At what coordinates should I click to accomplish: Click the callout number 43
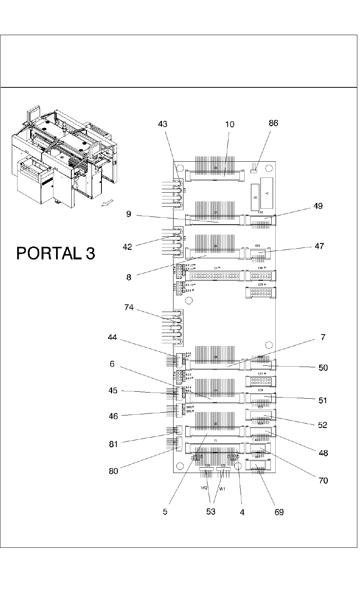pyautogui.click(x=162, y=124)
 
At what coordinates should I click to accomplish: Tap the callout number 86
pyautogui.click(x=273, y=123)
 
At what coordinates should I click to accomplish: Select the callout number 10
pyautogui.click(x=230, y=124)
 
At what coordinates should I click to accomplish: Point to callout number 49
pyautogui.click(x=318, y=206)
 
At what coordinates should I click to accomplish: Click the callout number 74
pyautogui.click(x=129, y=307)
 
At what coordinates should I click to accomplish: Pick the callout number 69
pyautogui.click(x=279, y=512)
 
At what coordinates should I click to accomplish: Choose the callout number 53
pyautogui.click(x=211, y=512)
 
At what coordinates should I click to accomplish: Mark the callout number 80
pyautogui.click(x=114, y=471)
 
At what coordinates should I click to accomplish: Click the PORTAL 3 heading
pyautogui.click(x=56, y=253)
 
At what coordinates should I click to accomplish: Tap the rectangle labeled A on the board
pyautogui.click(x=267, y=193)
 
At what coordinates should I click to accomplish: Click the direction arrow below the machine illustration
pyautogui.click(x=107, y=204)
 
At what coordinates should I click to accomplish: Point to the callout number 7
pyautogui.click(x=323, y=337)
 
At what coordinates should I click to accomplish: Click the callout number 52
pyautogui.click(x=323, y=425)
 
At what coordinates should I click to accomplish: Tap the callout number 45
pyautogui.click(x=113, y=391)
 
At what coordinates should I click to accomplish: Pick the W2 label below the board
pyautogui.click(x=204, y=488)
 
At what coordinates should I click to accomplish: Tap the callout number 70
pyautogui.click(x=323, y=481)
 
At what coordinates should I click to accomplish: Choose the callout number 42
pyautogui.click(x=127, y=247)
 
